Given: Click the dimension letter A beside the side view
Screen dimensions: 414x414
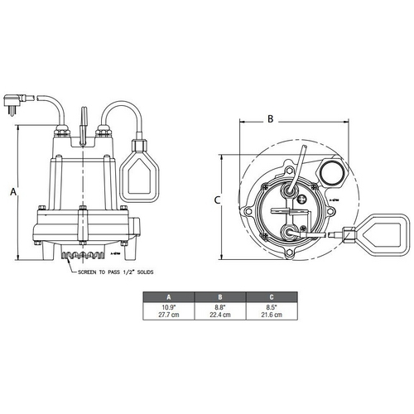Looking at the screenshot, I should pyautogui.click(x=13, y=191).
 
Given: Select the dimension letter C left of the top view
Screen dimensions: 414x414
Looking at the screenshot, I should pyautogui.click(x=216, y=200).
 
